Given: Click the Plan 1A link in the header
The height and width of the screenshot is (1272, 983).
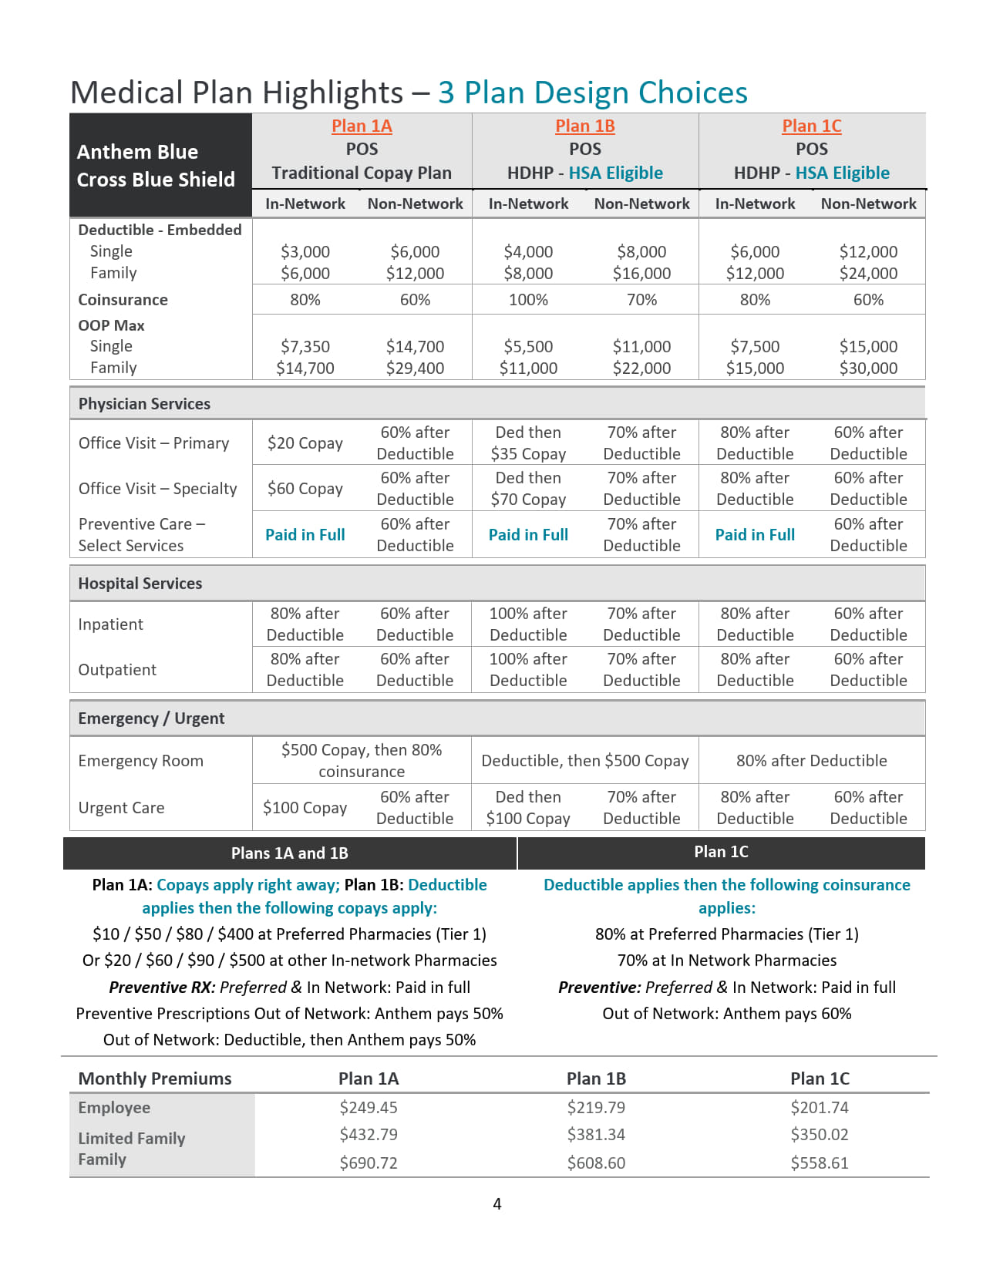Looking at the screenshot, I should [x=362, y=126].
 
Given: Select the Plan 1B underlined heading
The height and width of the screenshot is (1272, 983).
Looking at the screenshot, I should [x=584, y=126].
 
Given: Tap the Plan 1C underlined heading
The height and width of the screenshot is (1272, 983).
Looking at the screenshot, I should [x=811, y=126].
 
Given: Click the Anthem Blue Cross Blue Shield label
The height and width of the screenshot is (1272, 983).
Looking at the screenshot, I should [x=155, y=166].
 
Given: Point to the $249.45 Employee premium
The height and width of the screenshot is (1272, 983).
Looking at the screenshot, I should [x=369, y=1108].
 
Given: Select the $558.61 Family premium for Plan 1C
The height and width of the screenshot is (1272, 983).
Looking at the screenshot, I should [x=819, y=1163].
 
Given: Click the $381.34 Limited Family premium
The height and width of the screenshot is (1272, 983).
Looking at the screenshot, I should [x=596, y=1135].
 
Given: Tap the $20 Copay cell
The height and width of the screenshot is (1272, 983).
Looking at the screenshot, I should [x=305, y=443].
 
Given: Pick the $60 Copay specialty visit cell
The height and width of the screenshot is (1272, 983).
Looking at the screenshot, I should [x=305, y=489].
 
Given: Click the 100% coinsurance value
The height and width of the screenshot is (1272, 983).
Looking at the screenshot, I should [x=528, y=300].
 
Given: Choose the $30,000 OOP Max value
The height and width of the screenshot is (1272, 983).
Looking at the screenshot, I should [x=868, y=368].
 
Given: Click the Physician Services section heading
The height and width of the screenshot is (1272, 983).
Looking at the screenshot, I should [x=144, y=404].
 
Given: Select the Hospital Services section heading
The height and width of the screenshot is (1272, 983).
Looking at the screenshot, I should [x=140, y=584].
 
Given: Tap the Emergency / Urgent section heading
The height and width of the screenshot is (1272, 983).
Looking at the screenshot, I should [x=151, y=718].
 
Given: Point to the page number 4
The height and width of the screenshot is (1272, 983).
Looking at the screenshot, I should [x=497, y=1204].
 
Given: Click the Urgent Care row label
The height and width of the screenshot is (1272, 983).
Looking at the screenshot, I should [x=121, y=808].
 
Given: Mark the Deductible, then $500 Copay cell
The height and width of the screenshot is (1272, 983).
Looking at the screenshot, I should [x=584, y=761].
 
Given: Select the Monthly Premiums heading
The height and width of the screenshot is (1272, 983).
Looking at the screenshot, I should [x=155, y=1079].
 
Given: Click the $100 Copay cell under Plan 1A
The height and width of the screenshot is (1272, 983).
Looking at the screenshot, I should [x=305, y=808].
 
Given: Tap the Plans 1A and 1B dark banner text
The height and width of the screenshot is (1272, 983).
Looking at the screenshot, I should [x=289, y=853].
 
